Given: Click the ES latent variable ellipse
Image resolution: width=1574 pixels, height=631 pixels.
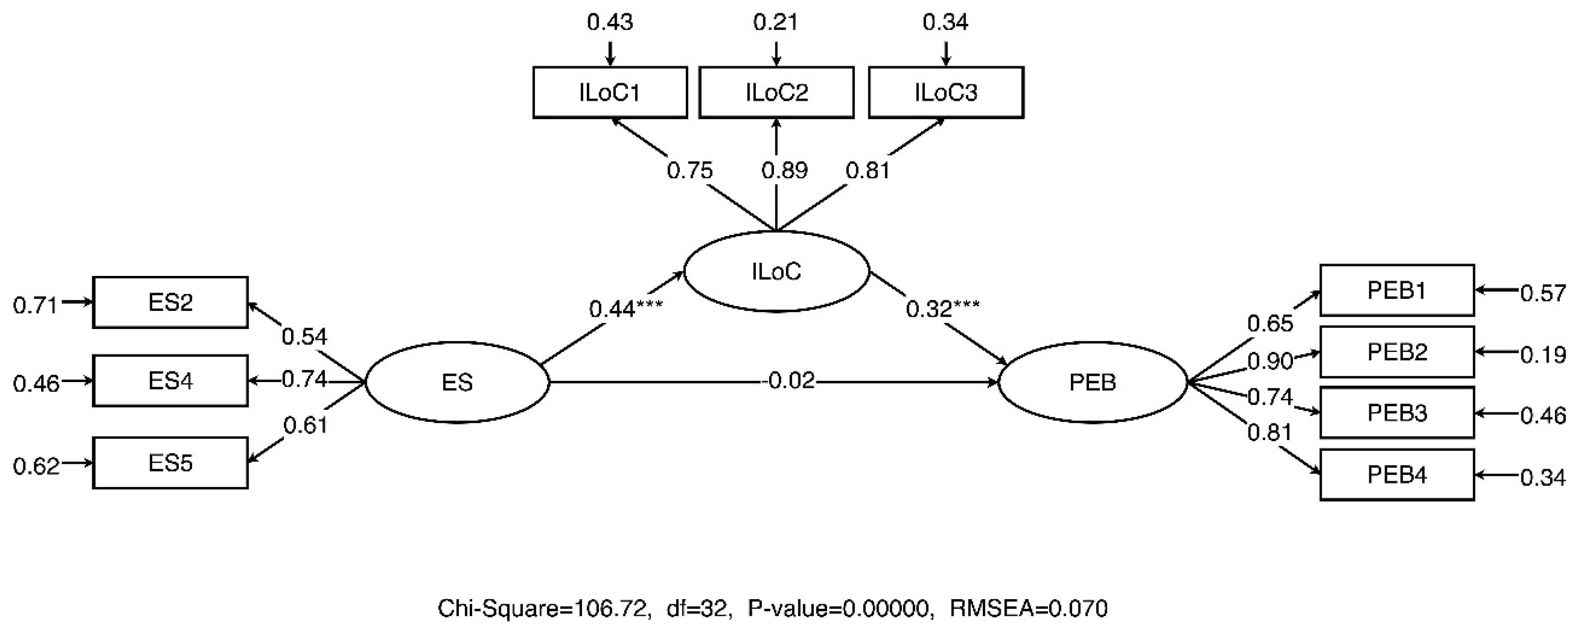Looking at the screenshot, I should pyautogui.click(x=457, y=382).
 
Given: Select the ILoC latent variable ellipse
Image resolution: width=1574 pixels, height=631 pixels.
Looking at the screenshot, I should pyautogui.click(x=776, y=271).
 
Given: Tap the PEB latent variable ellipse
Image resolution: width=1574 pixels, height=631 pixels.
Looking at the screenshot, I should pyautogui.click(x=1093, y=382).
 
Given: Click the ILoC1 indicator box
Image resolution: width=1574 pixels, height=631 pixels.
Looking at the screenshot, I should pyautogui.click(x=610, y=92).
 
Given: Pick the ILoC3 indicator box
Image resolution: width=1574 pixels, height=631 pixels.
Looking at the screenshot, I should pyautogui.click(x=946, y=92).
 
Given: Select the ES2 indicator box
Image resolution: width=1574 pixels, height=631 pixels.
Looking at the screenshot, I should pyautogui.click(x=170, y=302).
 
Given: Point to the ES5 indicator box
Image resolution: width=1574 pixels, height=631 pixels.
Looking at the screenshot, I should pyautogui.click(x=170, y=463).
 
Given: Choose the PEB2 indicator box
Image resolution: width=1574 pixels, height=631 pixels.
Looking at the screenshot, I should pyautogui.click(x=1397, y=352).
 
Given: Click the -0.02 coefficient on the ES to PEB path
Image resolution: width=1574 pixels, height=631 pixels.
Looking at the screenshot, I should pyautogui.click(x=789, y=381).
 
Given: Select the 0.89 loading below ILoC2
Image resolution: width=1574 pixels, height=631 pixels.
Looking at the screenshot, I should pyautogui.click(x=784, y=170).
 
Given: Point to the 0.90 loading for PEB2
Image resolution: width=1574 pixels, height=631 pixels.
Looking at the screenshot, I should pyautogui.click(x=1270, y=361).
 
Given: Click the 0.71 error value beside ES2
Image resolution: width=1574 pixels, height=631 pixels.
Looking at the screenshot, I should pyautogui.click(x=35, y=305).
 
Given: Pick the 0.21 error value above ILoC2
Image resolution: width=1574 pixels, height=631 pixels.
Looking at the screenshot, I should pyautogui.click(x=775, y=23).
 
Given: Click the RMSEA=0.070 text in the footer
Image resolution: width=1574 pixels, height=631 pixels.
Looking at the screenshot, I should pyautogui.click(x=1028, y=608).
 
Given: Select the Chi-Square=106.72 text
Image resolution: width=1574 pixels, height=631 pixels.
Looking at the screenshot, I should pyautogui.click(x=543, y=608).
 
